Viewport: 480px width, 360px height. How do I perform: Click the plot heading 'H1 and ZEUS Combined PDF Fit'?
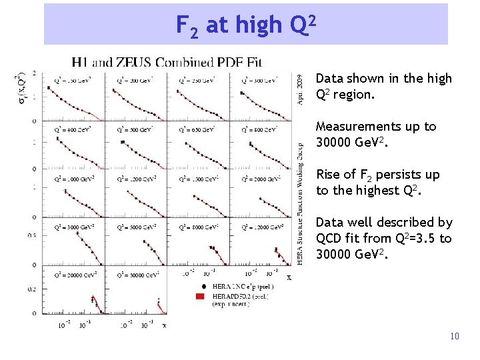[x=167, y=63]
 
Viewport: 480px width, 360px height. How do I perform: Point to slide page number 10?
[x=454, y=336]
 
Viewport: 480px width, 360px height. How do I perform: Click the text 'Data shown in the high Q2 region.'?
[x=383, y=86]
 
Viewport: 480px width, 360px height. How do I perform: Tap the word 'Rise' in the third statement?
[x=327, y=175]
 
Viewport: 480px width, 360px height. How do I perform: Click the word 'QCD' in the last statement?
[x=329, y=239]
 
